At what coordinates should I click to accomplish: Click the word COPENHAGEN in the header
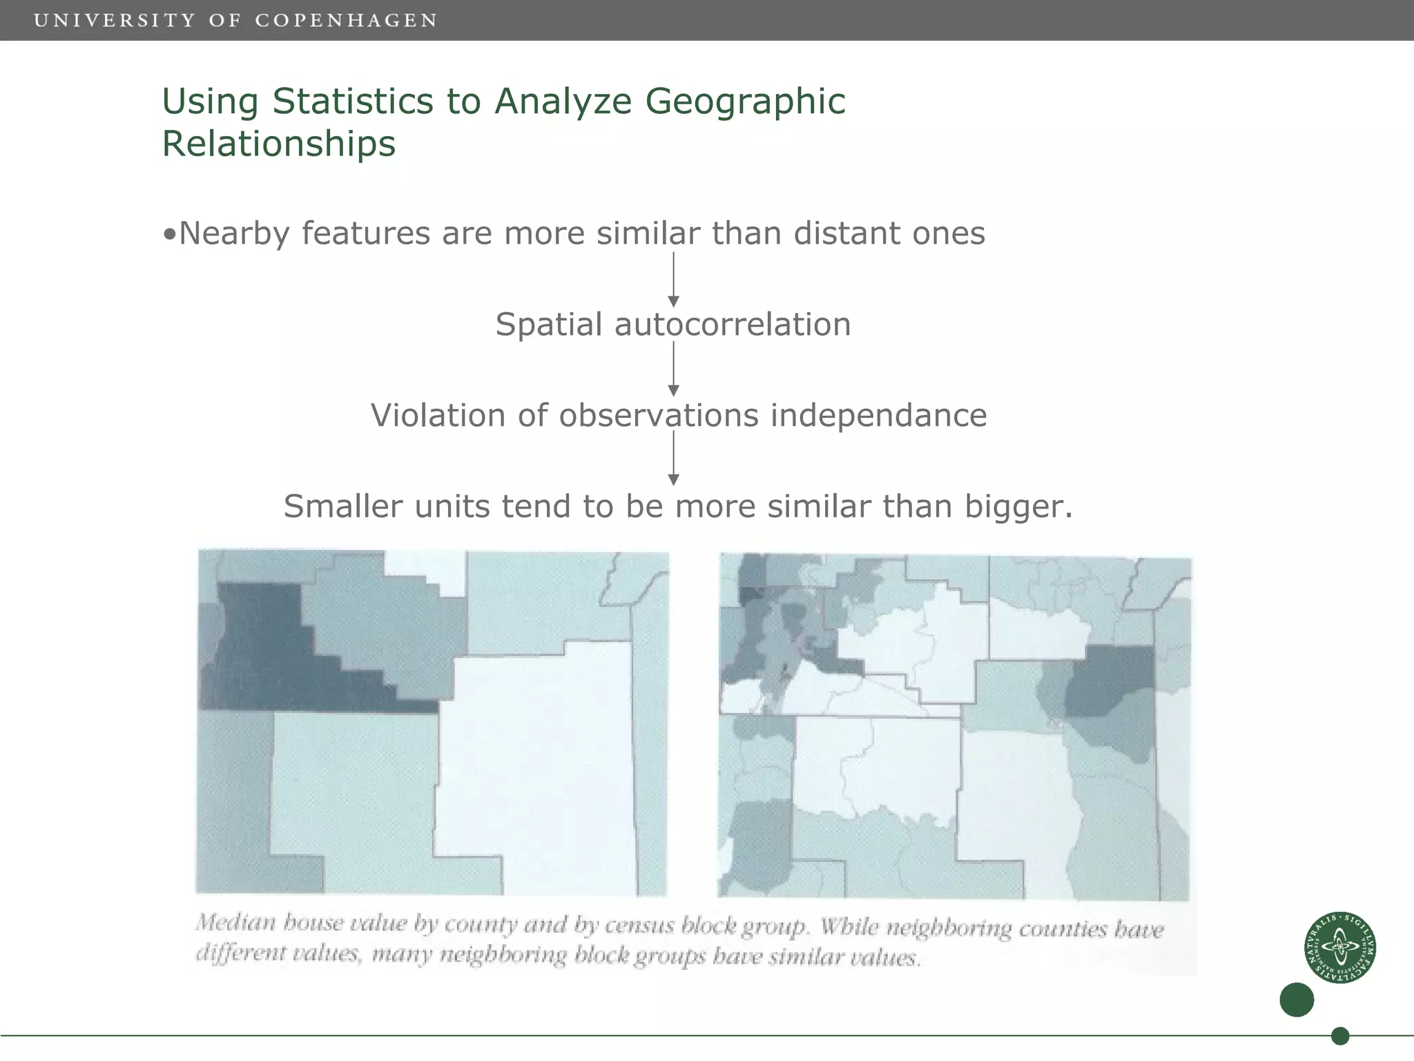pyautogui.click(x=346, y=20)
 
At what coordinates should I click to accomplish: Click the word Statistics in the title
pyautogui.click(x=353, y=101)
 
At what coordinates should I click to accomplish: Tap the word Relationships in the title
pyautogui.click(x=278, y=144)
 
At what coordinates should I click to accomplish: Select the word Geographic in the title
pyautogui.click(x=745, y=101)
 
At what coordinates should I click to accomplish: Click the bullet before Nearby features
pyautogui.click(x=169, y=234)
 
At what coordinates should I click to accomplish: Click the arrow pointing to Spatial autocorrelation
pyautogui.click(x=674, y=280)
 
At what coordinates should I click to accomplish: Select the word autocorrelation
pyautogui.click(x=733, y=324)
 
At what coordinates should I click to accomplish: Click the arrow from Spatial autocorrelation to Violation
pyautogui.click(x=674, y=370)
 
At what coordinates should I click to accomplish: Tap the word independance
pyautogui.click(x=878, y=415)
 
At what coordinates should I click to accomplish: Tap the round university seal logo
pyautogui.click(x=1339, y=947)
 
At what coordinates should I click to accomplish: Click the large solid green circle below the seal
pyautogui.click(x=1297, y=1000)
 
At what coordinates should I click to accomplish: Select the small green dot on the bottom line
pyautogui.click(x=1340, y=1036)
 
